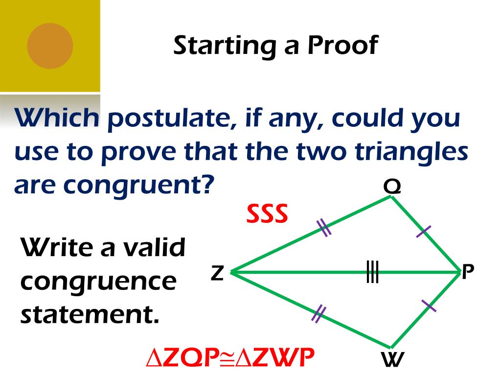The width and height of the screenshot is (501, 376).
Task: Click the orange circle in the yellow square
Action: click(50, 46)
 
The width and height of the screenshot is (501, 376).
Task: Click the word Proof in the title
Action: click(342, 46)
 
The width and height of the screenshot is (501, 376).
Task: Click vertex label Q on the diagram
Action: click(392, 187)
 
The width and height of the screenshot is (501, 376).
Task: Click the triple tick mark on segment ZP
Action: click(372, 272)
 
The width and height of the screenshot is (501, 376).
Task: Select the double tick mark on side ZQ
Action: click(323, 227)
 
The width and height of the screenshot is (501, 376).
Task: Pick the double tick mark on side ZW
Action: click(319, 313)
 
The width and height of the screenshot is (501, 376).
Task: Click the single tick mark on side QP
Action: click(424, 231)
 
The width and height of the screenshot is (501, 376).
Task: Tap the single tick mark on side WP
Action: click(429, 305)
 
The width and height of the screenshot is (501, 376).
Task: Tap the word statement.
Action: click(90, 314)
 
